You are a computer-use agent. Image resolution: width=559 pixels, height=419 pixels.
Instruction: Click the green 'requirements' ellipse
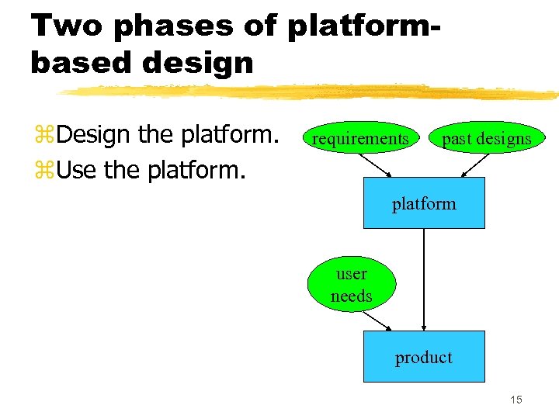pyautogui.click(x=359, y=139)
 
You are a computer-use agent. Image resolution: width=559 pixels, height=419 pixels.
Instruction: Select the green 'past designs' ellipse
pyautogui.click(x=486, y=139)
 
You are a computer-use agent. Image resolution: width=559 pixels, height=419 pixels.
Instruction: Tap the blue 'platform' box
pyautogui.click(x=424, y=203)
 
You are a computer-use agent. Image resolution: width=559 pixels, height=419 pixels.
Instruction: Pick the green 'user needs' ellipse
pyautogui.click(x=351, y=285)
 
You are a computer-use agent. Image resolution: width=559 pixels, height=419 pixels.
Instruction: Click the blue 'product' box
pyautogui.click(x=424, y=357)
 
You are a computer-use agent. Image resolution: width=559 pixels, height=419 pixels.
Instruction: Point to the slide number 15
pyautogui.click(x=516, y=400)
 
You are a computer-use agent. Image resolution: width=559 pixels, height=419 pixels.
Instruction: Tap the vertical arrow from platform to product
pyautogui.click(x=424, y=279)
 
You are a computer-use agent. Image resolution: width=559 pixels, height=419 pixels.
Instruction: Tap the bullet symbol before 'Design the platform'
pyautogui.click(x=43, y=137)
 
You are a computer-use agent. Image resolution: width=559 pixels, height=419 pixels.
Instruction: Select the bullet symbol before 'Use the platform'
pyautogui.click(x=43, y=168)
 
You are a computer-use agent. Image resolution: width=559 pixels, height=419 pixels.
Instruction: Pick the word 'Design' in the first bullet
pyautogui.click(x=95, y=136)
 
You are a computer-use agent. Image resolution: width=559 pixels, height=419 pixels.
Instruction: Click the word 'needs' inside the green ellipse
pyautogui.click(x=351, y=296)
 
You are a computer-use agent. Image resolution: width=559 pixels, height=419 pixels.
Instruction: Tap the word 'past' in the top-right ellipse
pyautogui.click(x=457, y=140)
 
